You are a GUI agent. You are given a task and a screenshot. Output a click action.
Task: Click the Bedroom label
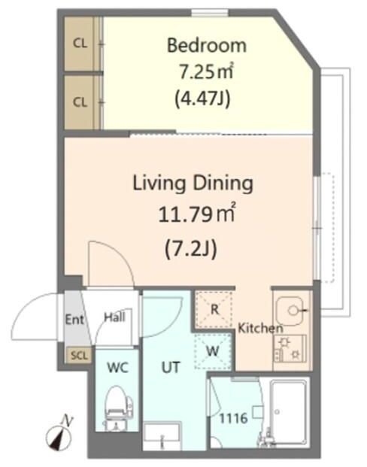tap(207, 46)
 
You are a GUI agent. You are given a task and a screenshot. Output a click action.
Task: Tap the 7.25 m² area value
tap(206, 71)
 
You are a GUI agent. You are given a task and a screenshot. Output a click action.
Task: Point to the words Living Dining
tap(193, 183)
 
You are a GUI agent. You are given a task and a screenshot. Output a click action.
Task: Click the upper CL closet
tap(80, 44)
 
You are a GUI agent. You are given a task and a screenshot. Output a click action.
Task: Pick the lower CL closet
tap(80, 102)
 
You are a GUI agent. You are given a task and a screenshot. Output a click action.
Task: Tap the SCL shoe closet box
tap(79, 356)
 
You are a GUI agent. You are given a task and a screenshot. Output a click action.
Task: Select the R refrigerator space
tap(214, 310)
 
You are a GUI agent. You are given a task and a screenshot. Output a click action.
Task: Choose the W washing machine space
tap(213, 351)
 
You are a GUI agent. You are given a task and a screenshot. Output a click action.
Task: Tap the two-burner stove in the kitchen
tap(290, 348)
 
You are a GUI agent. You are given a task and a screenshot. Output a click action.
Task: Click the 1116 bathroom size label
tap(234, 418)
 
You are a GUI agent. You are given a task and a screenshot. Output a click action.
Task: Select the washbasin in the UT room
tap(162, 435)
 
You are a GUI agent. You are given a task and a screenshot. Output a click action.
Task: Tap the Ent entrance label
tap(74, 320)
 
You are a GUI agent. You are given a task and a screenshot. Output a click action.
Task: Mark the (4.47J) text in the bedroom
tap(202, 99)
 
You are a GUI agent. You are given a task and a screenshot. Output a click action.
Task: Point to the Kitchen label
tap(260, 328)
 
